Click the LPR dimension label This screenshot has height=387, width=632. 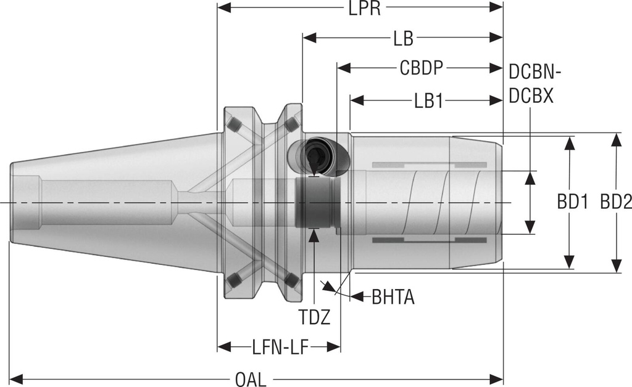(x=363, y=9)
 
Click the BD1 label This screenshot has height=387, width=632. (x=572, y=203)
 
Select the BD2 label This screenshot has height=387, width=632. (x=615, y=203)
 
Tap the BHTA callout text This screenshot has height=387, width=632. (x=393, y=298)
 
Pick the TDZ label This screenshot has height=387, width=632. (x=315, y=317)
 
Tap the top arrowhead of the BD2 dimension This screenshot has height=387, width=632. (x=615, y=139)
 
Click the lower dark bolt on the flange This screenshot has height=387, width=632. (x=233, y=281)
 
